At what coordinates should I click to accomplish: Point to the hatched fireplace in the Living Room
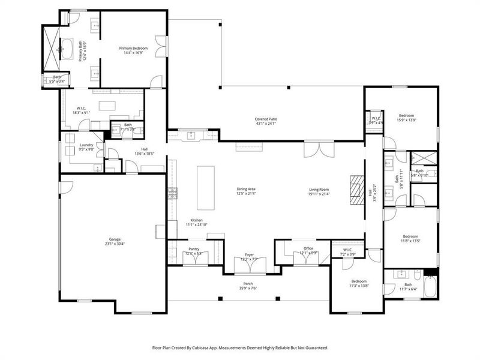coord(357,191)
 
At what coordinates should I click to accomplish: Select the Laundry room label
coord(86,145)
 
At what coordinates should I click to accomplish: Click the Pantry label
coord(194,248)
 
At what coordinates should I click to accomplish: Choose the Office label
coord(308,248)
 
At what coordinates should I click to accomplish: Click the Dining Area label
coord(247,189)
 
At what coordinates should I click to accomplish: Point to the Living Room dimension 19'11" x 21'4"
coord(319,194)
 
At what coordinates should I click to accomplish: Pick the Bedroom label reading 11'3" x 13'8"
coord(359,281)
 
